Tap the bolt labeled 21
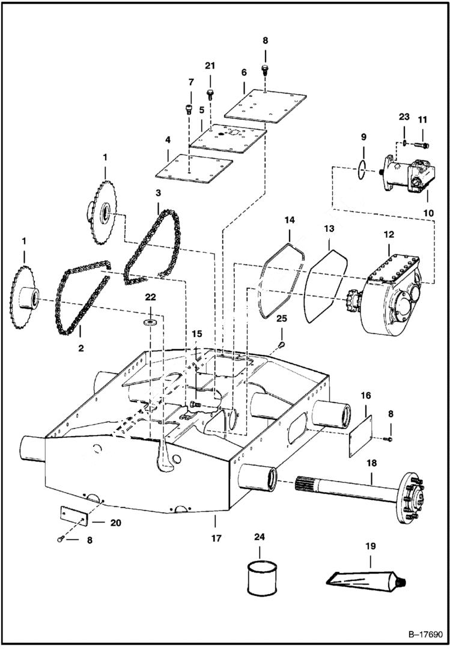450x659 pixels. (x=210, y=94)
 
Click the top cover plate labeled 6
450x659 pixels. (x=265, y=104)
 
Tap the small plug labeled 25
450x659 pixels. (x=282, y=345)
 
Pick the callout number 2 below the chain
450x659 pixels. (x=81, y=347)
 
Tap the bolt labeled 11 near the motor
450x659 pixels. (x=423, y=144)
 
